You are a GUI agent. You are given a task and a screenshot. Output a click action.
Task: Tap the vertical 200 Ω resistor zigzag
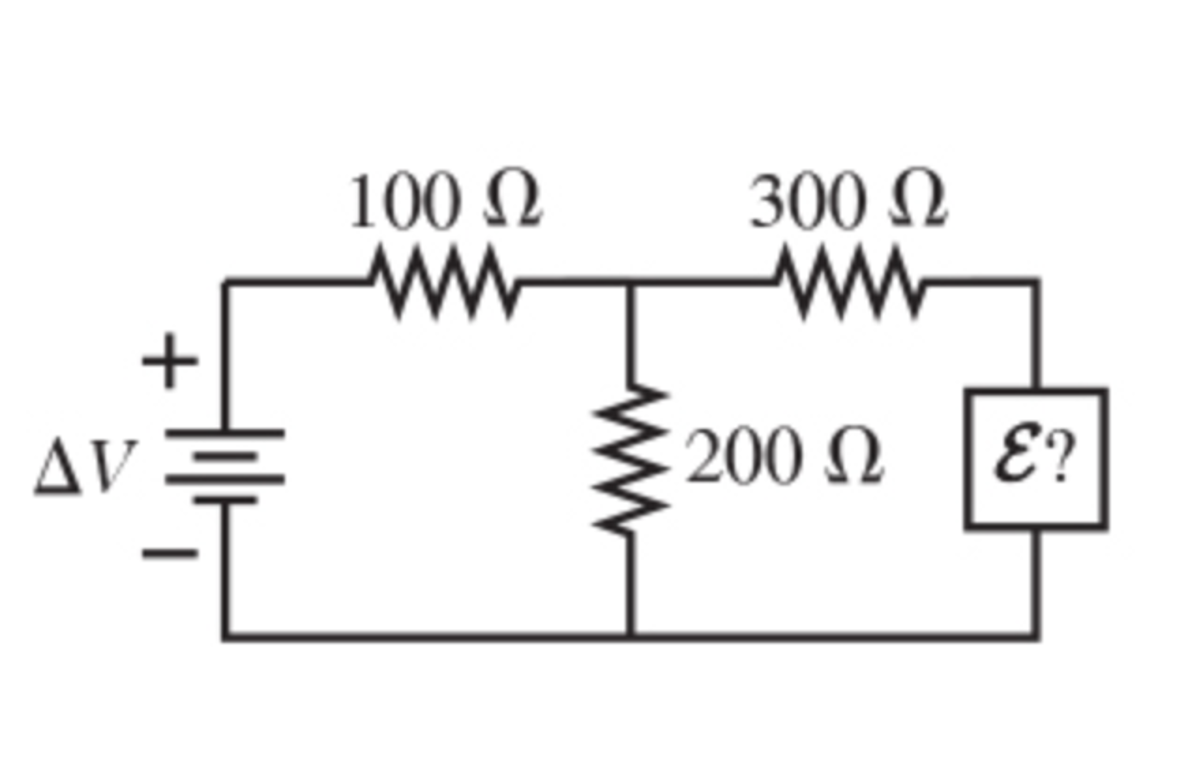(630, 459)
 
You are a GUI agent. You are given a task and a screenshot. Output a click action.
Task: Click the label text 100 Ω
(444, 201)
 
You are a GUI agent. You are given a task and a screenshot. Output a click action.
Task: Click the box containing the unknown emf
(1036, 459)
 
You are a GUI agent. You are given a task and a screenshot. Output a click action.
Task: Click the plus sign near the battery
(169, 361)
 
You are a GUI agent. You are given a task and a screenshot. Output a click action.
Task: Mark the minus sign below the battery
(170, 553)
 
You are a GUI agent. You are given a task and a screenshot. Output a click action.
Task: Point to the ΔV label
(85, 466)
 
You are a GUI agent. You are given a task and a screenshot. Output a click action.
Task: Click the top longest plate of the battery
(225, 434)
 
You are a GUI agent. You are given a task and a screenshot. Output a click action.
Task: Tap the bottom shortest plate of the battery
(225, 500)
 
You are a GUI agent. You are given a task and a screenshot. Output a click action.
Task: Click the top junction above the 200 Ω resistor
(630, 283)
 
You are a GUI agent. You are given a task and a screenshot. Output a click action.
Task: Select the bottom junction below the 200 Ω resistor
(630, 636)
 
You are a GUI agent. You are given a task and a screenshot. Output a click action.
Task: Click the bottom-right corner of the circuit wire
(1036, 636)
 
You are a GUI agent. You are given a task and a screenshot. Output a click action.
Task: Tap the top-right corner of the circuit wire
(1036, 283)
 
